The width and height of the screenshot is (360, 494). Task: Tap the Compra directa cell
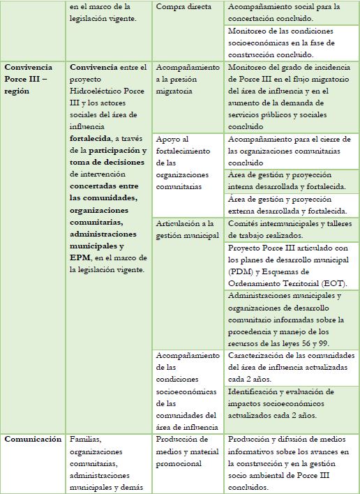(x=184, y=7)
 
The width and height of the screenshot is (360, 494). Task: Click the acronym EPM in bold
(x=80, y=257)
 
